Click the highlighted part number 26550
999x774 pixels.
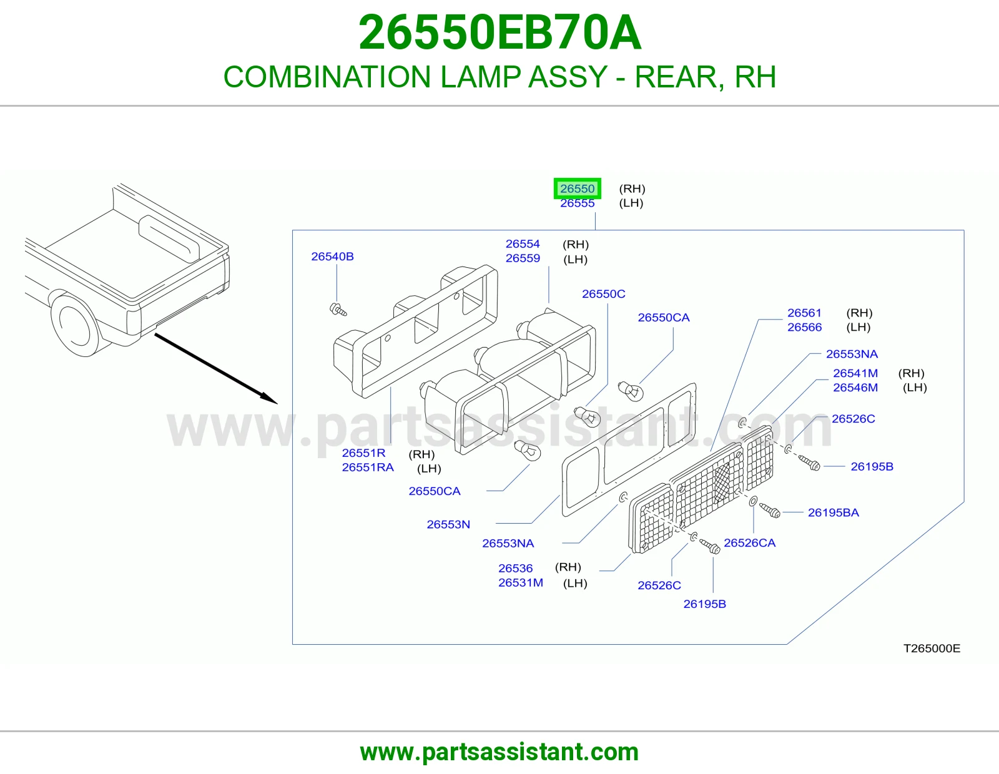[577, 189]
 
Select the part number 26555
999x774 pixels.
[577, 203]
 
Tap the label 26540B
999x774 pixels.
[332, 257]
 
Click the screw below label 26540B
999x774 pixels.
[338, 310]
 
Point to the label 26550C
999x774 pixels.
[604, 294]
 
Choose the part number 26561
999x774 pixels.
[804, 313]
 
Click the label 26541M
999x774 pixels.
[855, 373]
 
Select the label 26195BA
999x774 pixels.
[834, 512]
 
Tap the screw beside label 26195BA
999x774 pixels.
[770, 510]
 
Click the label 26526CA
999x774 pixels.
[750, 543]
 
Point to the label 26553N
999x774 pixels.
[448, 524]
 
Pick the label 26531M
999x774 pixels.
[521, 583]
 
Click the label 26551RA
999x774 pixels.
[368, 468]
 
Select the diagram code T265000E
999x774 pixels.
[932, 649]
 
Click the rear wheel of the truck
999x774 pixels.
[76, 325]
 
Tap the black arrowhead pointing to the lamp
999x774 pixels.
[269, 399]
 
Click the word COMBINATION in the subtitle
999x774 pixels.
[327, 77]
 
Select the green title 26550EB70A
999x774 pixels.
[499, 32]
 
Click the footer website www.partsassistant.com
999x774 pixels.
[499, 752]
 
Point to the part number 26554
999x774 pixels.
[523, 244]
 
